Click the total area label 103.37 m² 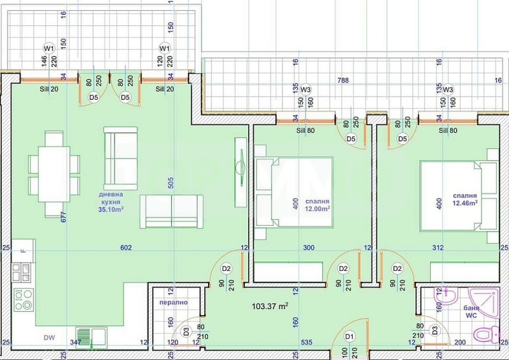point(270,306)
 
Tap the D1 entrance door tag point(349,335)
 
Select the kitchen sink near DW point(89,335)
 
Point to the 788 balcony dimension point(343,81)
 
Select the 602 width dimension point(126,248)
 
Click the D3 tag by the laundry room point(186,331)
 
